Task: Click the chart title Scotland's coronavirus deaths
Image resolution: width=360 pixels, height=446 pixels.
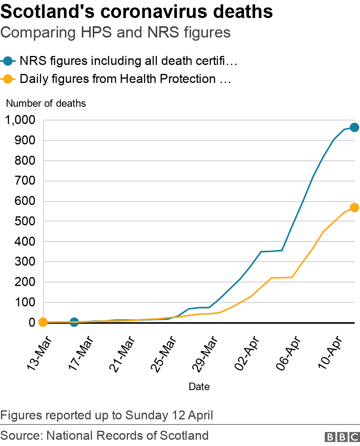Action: click(x=137, y=12)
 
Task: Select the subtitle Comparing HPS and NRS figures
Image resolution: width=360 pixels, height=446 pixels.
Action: click(x=115, y=32)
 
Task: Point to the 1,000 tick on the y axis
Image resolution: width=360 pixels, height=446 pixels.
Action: click(x=20, y=120)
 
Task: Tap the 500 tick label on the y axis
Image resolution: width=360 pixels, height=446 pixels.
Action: click(x=25, y=221)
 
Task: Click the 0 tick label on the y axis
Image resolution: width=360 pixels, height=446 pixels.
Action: click(x=32, y=323)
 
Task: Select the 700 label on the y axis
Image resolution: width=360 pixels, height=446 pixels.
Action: click(x=25, y=181)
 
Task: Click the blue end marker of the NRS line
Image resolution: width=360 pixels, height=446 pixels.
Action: click(x=354, y=127)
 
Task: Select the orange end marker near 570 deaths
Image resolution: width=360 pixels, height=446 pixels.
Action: click(x=354, y=208)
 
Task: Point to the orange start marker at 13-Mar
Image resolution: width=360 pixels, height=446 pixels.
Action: click(x=43, y=322)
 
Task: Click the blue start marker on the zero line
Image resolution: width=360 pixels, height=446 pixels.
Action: click(x=74, y=322)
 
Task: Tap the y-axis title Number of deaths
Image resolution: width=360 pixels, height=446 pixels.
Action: click(x=46, y=104)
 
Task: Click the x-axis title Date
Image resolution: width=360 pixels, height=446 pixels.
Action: click(x=199, y=387)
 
